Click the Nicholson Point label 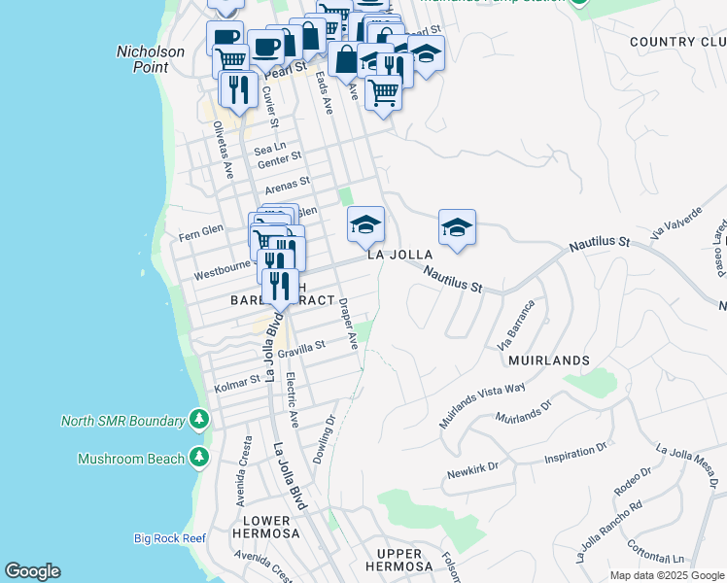pyautogui.click(x=142, y=59)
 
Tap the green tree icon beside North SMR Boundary pyautogui.click(x=199, y=420)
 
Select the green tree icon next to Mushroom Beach pyautogui.click(x=199, y=457)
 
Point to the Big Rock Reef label pyautogui.click(x=169, y=537)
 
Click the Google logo pyautogui.click(x=32, y=571)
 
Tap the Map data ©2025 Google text pyautogui.click(x=667, y=575)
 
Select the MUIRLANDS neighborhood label pyautogui.click(x=548, y=360)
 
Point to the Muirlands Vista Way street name pyautogui.click(x=483, y=405)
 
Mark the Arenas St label pyautogui.click(x=287, y=182)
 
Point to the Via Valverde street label pyautogui.click(x=676, y=223)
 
